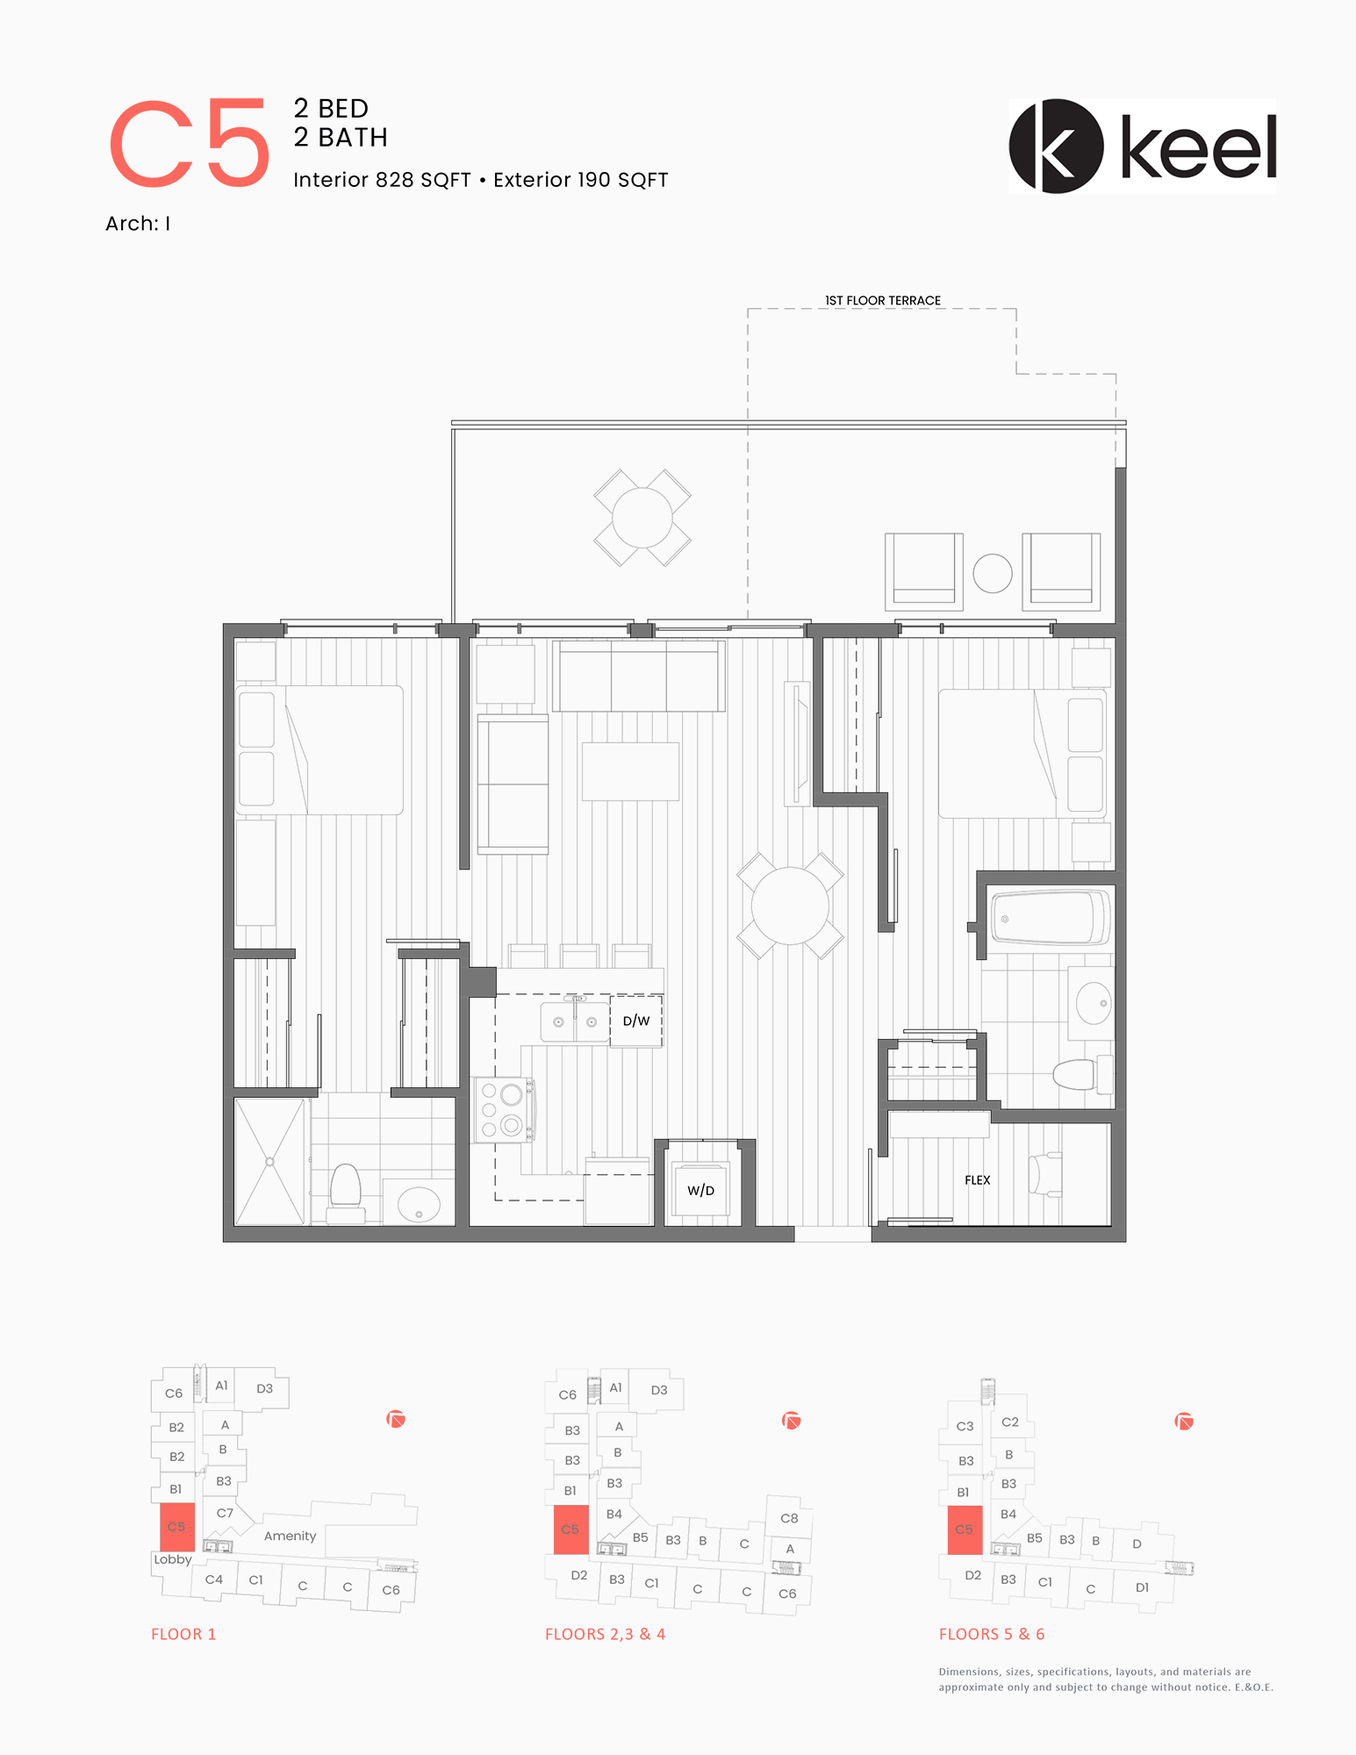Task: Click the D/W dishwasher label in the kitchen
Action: point(636,1021)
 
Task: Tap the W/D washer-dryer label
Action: point(700,1191)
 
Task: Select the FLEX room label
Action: point(977,1180)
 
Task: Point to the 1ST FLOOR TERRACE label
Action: point(882,300)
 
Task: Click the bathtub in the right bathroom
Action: point(1050,918)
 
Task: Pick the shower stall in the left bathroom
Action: point(270,1161)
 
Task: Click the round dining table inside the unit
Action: point(790,906)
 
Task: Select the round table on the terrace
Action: point(642,518)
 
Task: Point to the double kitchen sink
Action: point(575,1021)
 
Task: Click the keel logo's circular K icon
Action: point(1056,147)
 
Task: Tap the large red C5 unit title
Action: point(189,143)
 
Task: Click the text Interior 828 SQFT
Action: point(382,180)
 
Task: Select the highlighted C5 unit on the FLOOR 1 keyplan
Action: point(176,1528)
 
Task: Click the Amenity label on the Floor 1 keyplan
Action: point(290,1536)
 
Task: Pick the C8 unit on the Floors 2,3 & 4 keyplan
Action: point(789,1518)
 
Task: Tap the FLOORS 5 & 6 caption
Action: point(992,1634)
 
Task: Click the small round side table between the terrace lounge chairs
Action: point(993,574)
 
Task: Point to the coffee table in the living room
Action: point(630,771)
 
